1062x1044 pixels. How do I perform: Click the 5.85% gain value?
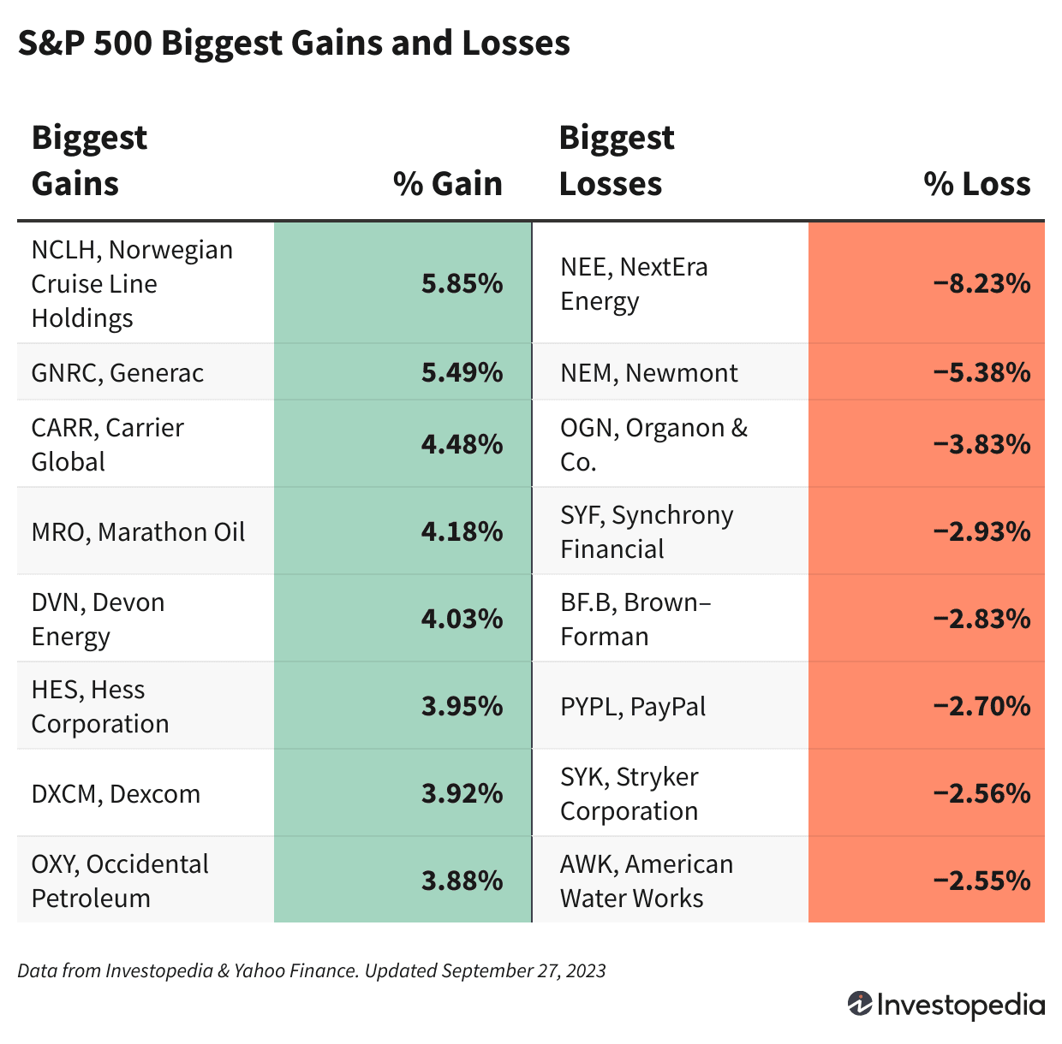[x=462, y=283]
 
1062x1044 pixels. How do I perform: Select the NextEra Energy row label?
[x=634, y=283]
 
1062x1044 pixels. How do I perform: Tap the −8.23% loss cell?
[x=981, y=283]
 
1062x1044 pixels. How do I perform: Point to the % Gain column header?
[x=447, y=184]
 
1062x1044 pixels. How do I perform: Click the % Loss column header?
[x=976, y=184]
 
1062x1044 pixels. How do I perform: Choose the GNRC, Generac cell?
[x=117, y=372]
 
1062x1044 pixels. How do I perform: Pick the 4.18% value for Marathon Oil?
[x=462, y=531]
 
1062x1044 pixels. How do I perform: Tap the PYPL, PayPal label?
[x=633, y=707]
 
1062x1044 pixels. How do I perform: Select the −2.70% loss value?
[x=981, y=707]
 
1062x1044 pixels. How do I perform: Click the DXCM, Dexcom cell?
[x=116, y=794]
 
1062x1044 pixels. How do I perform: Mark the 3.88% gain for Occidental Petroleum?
[x=462, y=881]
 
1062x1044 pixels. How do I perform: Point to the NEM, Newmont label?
[x=648, y=372]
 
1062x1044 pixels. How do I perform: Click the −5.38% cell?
[x=981, y=372]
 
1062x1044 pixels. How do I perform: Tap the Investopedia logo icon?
[x=859, y=1004]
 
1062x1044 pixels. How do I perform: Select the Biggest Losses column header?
[x=616, y=161]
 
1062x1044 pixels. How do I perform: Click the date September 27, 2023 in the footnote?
[x=523, y=970]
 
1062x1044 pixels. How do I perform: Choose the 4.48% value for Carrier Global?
[x=462, y=444]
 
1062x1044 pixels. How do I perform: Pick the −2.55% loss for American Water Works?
[x=981, y=881]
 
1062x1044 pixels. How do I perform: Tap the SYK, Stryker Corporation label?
[x=629, y=794]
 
